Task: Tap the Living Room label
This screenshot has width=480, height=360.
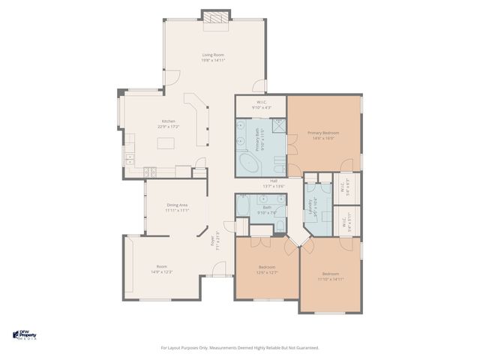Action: (x=214, y=55)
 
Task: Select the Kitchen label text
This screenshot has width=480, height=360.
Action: (x=169, y=121)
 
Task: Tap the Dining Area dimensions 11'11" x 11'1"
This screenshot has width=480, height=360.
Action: (x=177, y=211)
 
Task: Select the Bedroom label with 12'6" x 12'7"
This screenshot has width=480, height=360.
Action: (x=267, y=267)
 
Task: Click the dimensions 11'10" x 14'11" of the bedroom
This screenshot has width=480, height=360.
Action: (x=330, y=278)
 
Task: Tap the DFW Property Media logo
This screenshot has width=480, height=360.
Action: (x=29, y=334)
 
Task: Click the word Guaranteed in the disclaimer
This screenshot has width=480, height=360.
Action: (x=307, y=347)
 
